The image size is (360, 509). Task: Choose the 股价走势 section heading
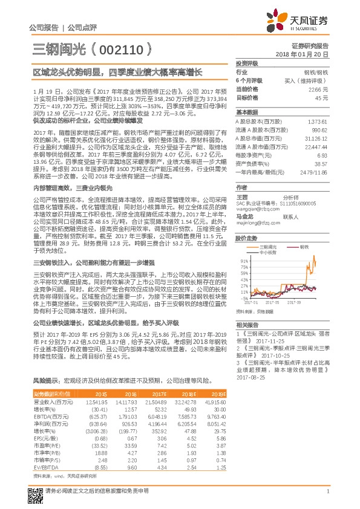246,238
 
